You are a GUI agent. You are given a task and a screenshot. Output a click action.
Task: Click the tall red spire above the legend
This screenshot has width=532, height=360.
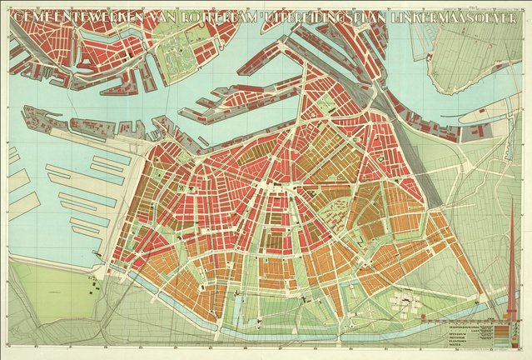(x=511, y=250)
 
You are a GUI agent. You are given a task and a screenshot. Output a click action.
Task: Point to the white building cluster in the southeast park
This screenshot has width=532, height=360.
(x=405, y=301)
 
